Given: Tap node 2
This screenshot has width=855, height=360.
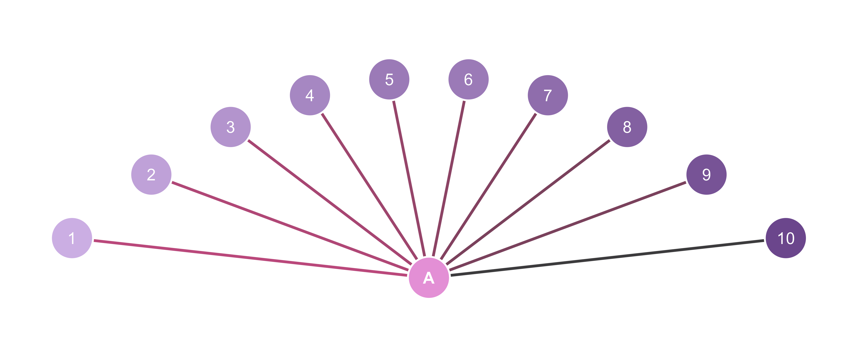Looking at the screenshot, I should pos(151,175).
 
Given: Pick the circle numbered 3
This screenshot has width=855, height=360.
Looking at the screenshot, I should pos(231,127).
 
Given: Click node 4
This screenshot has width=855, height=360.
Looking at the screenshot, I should pos(310,95).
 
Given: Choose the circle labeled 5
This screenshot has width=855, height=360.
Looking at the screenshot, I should pos(389,79).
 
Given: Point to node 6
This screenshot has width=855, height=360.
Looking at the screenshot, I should pos(468,79).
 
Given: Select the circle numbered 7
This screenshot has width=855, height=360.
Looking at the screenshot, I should pos(548,95).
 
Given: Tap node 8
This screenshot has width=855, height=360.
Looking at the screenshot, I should pos(627,127).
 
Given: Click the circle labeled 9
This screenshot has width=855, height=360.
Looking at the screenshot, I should pos(706,175).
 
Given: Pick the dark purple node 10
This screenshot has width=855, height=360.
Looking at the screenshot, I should pos(786,238).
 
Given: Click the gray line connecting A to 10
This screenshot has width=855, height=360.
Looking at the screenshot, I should pos(607,258).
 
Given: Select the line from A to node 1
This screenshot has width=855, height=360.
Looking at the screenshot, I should pos(251,258).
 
